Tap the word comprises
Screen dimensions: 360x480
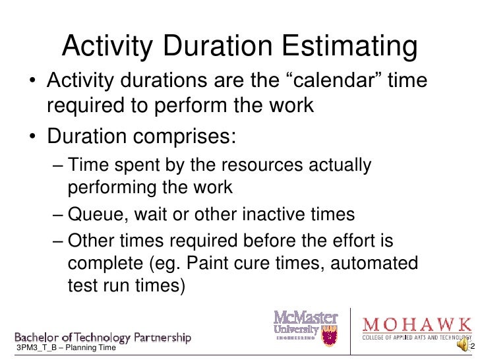click(195, 137)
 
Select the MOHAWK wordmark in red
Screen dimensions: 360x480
click(417, 325)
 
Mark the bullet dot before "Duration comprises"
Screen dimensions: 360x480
click(32, 138)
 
